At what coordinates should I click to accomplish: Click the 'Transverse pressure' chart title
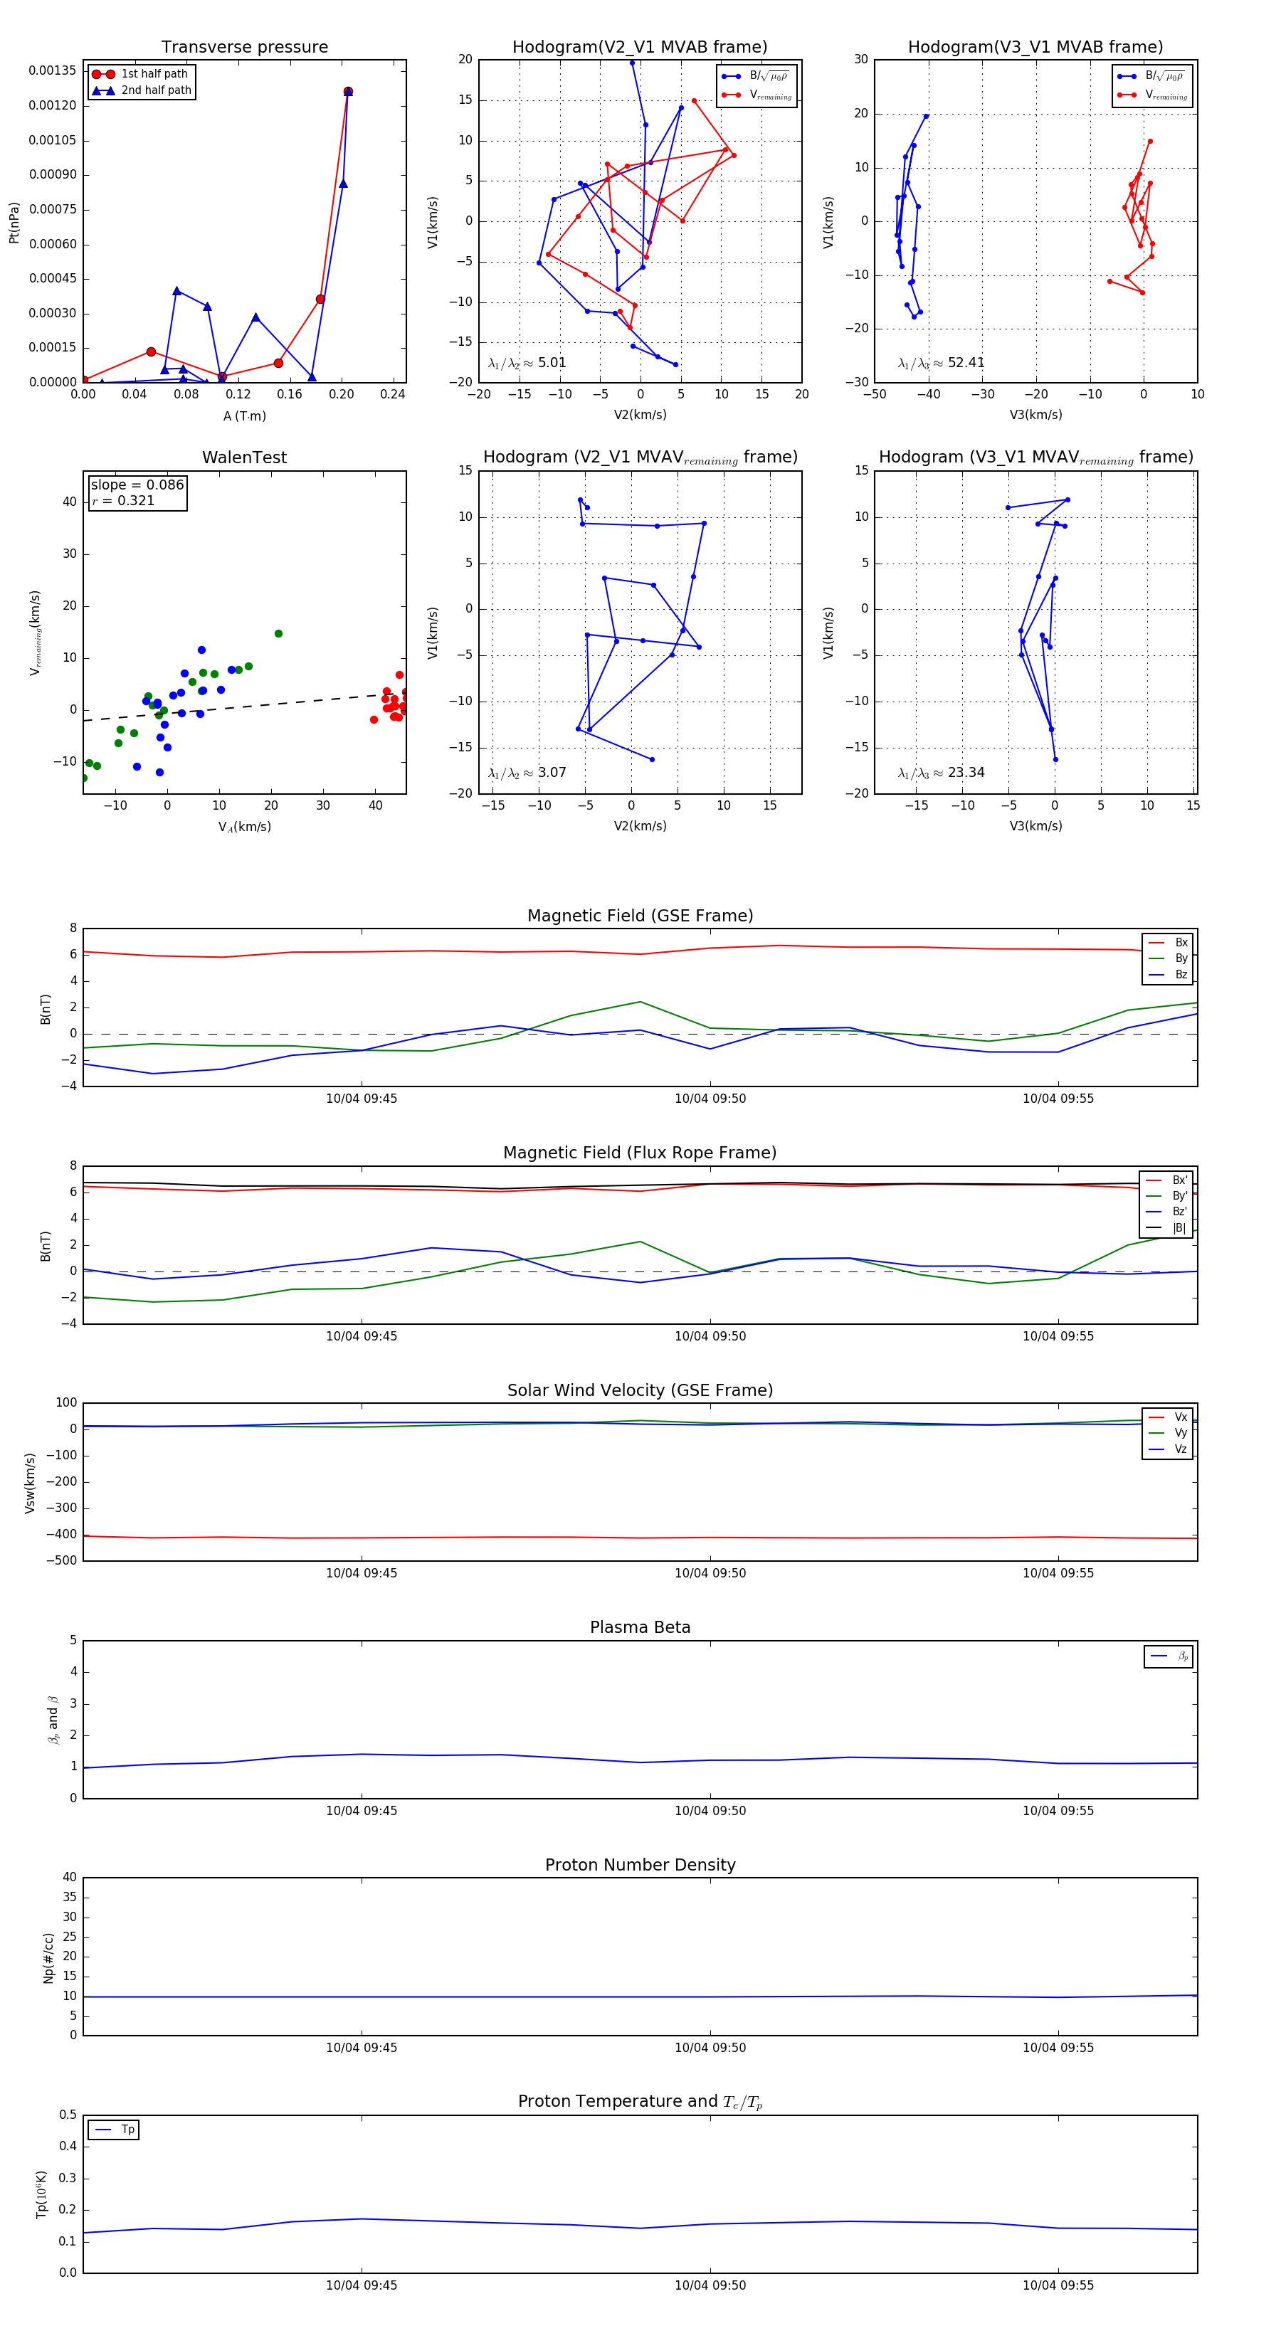[x=244, y=48]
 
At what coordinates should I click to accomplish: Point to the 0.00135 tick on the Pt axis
[x=52, y=70]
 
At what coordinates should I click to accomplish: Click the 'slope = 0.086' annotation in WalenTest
[x=137, y=485]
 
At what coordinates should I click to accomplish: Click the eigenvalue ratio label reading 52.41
[x=941, y=363]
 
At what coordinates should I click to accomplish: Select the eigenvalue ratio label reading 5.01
[x=527, y=363]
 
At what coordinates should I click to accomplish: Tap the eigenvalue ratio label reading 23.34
[x=941, y=773]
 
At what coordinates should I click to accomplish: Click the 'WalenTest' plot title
[x=244, y=458]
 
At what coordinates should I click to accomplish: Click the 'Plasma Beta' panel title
[x=640, y=1627]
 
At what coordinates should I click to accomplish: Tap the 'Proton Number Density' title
[x=640, y=1865]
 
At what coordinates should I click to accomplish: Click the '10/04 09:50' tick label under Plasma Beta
[x=710, y=1811]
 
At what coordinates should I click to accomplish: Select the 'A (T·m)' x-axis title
[x=244, y=416]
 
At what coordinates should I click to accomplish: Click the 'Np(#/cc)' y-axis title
[x=48, y=1958]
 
